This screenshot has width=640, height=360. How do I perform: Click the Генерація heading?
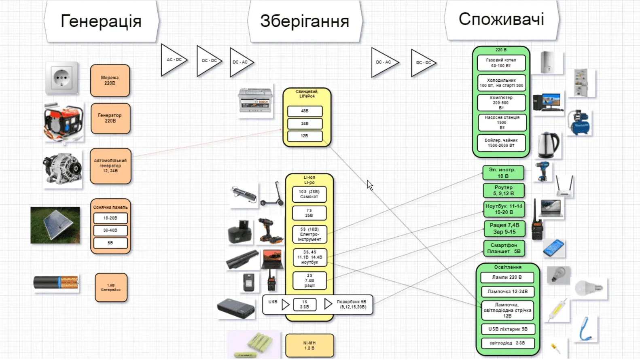[101, 21]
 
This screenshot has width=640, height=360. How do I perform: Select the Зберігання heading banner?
[304, 21]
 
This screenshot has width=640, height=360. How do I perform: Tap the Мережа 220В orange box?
[110, 80]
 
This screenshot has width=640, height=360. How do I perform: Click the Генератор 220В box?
[110, 118]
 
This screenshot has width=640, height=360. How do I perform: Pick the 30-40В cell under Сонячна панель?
[110, 230]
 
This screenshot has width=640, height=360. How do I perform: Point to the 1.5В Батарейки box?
[111, 288]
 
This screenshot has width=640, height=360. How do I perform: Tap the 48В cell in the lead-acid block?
[305, 111]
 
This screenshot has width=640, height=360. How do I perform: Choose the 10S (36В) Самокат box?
[309, 194]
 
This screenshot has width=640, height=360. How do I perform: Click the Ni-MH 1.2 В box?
[309, 345]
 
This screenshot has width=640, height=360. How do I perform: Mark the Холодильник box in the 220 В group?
[501, 83]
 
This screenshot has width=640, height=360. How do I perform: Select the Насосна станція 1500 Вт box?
[502, 123]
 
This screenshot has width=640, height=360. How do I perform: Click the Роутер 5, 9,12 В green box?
[503, 191]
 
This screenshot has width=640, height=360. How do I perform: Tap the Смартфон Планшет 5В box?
[504, 248]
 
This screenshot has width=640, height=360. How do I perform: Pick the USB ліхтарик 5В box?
[508, 329]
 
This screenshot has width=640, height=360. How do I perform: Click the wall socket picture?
[61, 78]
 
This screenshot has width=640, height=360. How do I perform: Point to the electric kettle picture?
[548, 144]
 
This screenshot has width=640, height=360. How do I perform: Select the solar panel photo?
[55, 225]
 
